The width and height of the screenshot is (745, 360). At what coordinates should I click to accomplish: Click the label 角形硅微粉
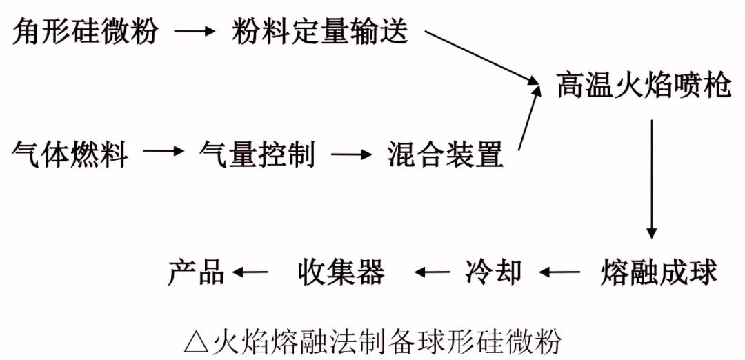click(86, 32)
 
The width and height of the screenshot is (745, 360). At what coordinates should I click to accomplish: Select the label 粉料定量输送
click(320, 32)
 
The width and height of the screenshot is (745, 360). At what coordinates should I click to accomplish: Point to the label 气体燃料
click(70, 153)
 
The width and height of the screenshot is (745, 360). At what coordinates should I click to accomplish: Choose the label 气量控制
click(257, 153)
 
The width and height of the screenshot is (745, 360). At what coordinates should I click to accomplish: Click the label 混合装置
click(445, 153)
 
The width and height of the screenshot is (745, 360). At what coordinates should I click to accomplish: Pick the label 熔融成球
click(659, 272)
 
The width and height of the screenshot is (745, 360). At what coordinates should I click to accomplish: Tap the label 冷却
click(493, 272)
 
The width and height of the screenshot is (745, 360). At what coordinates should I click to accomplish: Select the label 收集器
click(341, 272)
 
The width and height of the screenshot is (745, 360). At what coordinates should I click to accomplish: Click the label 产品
click(197, 272)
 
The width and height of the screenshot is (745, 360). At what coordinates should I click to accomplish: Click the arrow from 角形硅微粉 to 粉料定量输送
click(195, 32)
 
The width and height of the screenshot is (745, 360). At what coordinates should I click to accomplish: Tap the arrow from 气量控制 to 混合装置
click(352, 152)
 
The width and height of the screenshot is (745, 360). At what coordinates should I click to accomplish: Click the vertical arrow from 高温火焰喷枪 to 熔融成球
click(651, 179)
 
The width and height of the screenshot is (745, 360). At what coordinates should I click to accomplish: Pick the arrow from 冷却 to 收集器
click(432, 272)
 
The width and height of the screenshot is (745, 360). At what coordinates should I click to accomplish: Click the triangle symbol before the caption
click(197, 341)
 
